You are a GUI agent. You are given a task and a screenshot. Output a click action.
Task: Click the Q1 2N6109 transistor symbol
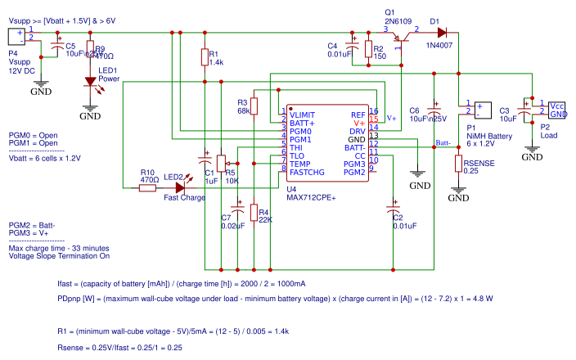click(x=399, y=39)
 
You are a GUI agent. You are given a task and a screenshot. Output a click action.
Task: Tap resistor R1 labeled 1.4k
click(x=205, y=56)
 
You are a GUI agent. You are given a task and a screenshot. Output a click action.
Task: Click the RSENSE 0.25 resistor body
click(x=459, y=164)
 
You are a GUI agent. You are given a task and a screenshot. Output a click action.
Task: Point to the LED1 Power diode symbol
click(x=90, y=83)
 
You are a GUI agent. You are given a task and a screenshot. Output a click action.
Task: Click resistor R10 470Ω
click(x=147, y=187)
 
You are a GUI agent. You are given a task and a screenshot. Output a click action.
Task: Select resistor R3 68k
click(x=254, y=106)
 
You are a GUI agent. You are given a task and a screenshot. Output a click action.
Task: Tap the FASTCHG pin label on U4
click(x=307, y=172)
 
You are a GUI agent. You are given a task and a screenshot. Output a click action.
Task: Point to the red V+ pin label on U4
click(x=359, y=123)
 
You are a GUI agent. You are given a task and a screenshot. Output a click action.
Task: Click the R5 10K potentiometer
click(x=221, y=160)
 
